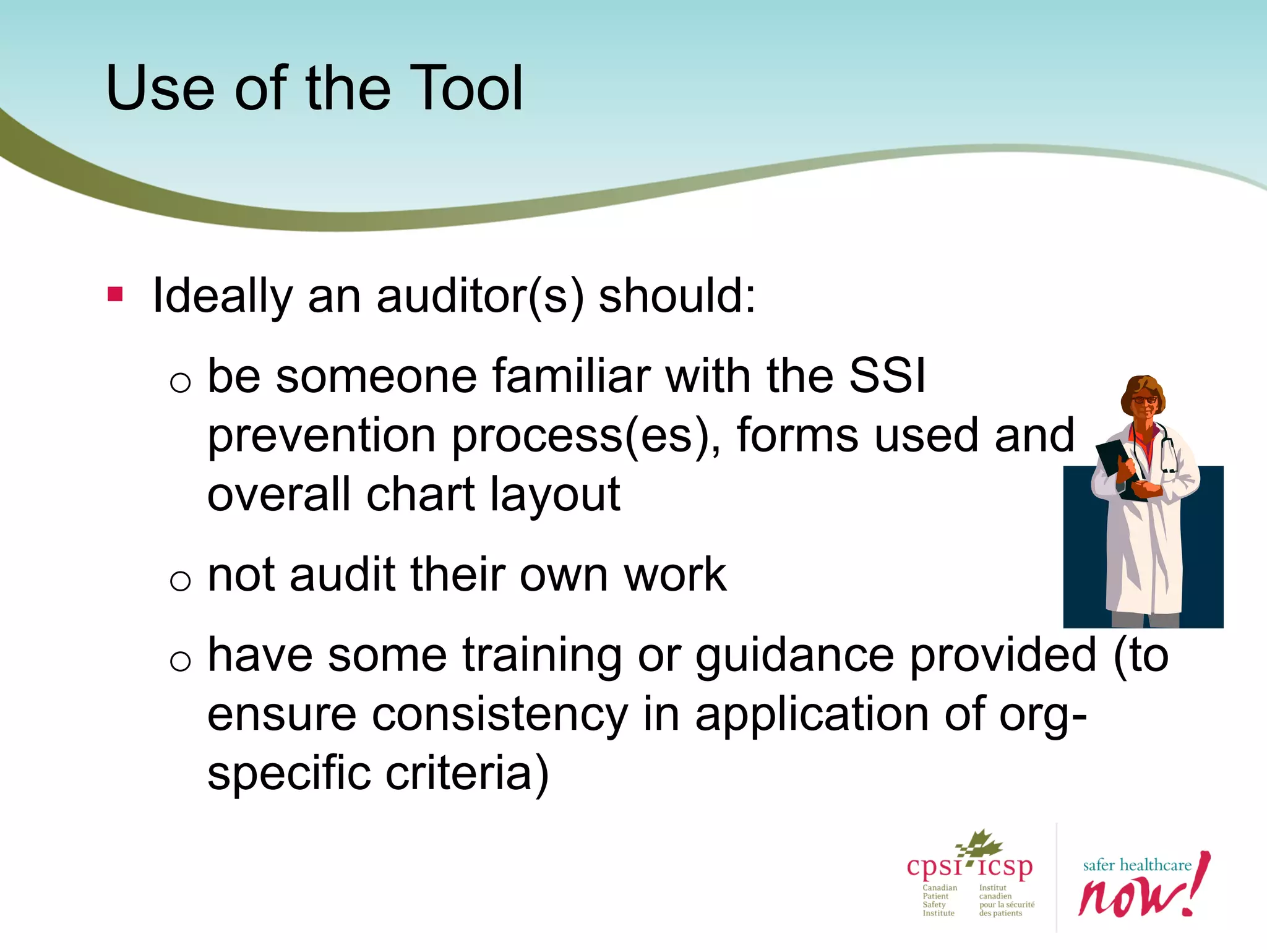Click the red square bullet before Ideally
pyautogui.click(x=115, y=294)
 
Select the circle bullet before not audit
pyautogui.click(x=180, y=580)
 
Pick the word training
pyautogui.click(x=542, y=656)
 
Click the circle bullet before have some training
pyautogui.click(x=180, y=661)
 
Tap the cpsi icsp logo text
pyautogui.click(x=969, y=867)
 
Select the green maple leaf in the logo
pyautogui.click(x=981, y=845)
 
